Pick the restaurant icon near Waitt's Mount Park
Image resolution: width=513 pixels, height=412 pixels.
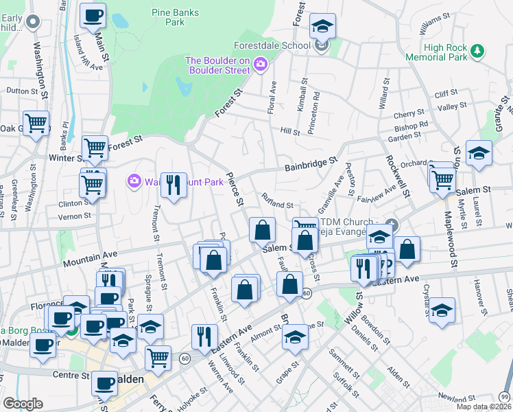click(174, 185)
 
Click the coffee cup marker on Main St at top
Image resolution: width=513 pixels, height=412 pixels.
click(93, 15)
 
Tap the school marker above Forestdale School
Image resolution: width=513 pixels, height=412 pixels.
click(322, 26)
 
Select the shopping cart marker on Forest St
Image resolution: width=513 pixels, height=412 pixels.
click(95, 147)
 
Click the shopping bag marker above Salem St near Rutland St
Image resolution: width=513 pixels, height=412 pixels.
click(262, 230)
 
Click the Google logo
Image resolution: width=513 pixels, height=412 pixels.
click(23, 403)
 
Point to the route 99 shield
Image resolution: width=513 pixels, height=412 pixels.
click(504, 397)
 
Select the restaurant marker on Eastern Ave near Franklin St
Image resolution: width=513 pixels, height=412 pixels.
click(204, 336)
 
